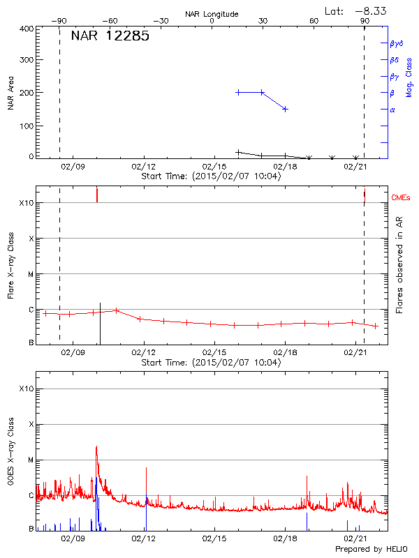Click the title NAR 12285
[110, 36]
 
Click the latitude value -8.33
[367, 10]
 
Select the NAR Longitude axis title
[212, 14]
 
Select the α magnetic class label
[392, 110]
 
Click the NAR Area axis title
[10, 93]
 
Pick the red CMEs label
[402, 198]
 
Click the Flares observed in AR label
[399, 264]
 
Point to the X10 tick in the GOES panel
[27, 389]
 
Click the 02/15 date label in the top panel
[214, 167]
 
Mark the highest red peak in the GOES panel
[96, 446]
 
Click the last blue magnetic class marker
[286, 109]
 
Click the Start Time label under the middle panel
[211, 363]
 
